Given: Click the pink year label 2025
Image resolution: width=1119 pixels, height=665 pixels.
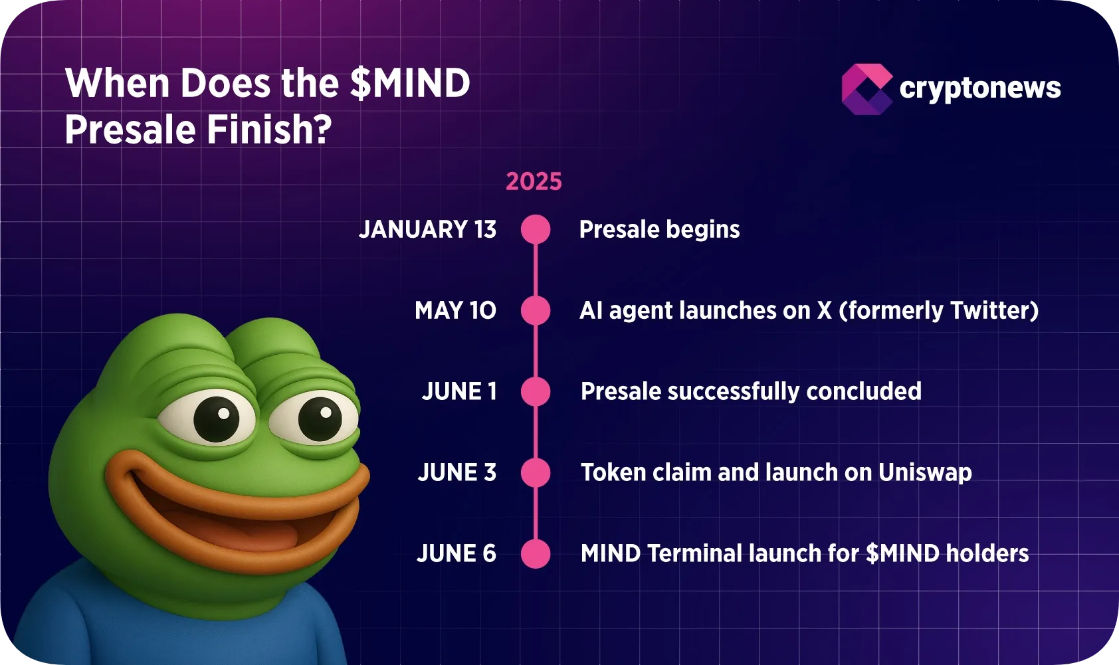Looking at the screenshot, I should (x=534, y=181).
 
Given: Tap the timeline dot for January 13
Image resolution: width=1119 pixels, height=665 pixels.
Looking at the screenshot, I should (x=536, y=229).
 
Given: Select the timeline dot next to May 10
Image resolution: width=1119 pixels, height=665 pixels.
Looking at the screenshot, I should (x=536, y=310).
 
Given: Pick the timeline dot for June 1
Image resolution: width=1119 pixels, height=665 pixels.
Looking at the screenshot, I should (x=536, y=391).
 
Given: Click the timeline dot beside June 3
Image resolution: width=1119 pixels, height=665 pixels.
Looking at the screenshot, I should (x=536, y=472).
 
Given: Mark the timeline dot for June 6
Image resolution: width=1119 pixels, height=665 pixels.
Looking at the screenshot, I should (x=536, y=553).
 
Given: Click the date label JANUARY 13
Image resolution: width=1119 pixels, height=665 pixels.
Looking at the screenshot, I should (x=427, y=229).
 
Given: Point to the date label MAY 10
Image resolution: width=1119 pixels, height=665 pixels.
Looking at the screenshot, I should (x=455, y=310).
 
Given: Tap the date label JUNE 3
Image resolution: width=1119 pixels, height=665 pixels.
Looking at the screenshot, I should (x=457, y=472).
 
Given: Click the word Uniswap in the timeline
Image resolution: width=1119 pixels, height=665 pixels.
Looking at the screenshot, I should (x=925, y=472).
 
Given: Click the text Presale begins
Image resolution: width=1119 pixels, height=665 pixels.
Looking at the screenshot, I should (x=659, y=229).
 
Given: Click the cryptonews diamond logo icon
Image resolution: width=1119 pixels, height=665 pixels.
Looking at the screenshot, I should (x=866, y=89).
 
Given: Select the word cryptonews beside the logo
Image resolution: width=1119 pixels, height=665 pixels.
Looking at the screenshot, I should (x=979, y=88).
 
